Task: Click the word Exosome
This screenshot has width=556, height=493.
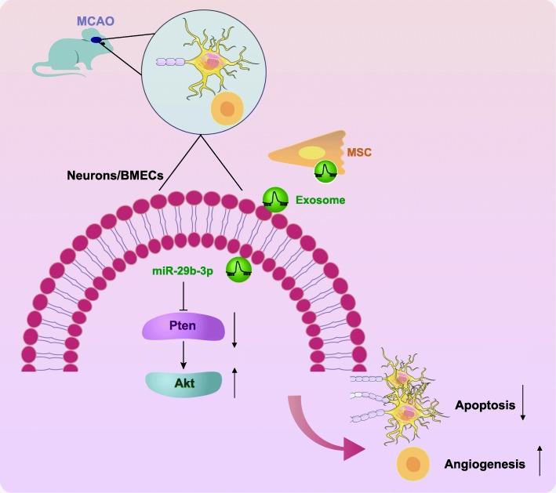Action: (320, 201)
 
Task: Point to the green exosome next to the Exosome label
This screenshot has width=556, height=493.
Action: (274, 199)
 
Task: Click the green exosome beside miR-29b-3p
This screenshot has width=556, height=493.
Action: (239, 269)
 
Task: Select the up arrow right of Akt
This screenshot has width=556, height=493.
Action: (234, 384)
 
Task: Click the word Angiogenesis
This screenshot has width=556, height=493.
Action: (485, 464)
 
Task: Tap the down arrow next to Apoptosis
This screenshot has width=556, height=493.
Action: (523, 407)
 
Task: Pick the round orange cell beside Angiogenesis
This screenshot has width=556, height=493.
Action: (416, 463)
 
